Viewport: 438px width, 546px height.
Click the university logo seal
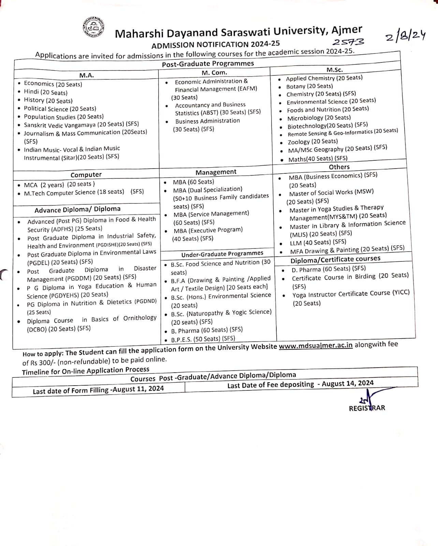click(93, 27)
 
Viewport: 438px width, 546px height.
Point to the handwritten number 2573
click(348, 42)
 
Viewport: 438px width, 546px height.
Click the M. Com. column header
click(214, 73)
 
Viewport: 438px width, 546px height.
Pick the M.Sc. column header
click(334, 70)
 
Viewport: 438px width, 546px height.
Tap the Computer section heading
click(86, 175)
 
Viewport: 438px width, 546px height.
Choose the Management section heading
click(216, 172)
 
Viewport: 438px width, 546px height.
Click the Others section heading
click(339, 167)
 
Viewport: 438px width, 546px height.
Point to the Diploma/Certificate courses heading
click(335, 259)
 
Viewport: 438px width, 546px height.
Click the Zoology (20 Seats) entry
click(313, 142)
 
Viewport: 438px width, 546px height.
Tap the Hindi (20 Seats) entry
click(46, 92)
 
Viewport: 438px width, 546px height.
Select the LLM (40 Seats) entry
click(318, 242)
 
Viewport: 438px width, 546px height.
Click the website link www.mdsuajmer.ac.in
click(316, 346)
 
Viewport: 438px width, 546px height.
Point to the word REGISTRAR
click(367, 408)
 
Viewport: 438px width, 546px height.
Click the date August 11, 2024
click(138, 389)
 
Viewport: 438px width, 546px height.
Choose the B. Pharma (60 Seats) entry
click(207, 330)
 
